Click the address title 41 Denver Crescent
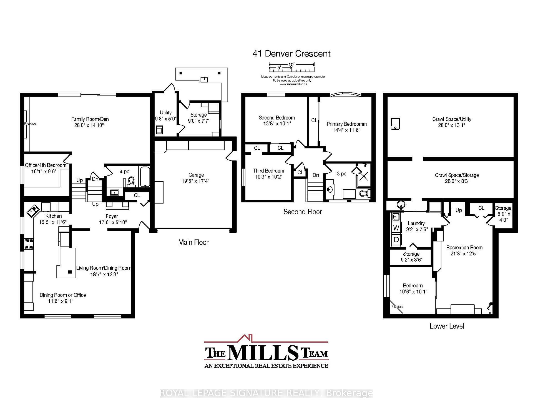click(291, 53)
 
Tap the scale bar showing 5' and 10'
click(291, 66)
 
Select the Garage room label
click(196, 175)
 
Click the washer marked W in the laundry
click(396, 228)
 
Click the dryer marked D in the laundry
click(396, 239)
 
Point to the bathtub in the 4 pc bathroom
click(145, 177)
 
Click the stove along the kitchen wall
click(29, 244)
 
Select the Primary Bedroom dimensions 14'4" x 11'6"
click(346, 130)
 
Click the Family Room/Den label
click(90, 119)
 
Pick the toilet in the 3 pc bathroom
click(364, 193)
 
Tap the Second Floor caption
click(303, 212)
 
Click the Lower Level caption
click(447, 326)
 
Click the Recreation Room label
click(464, 247)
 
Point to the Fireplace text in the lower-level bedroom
click(397, 307)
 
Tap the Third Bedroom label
click(268, 171)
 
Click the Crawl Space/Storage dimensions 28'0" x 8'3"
click(457, 181)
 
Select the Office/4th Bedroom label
click(46, 165)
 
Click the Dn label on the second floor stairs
click(316, 175)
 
